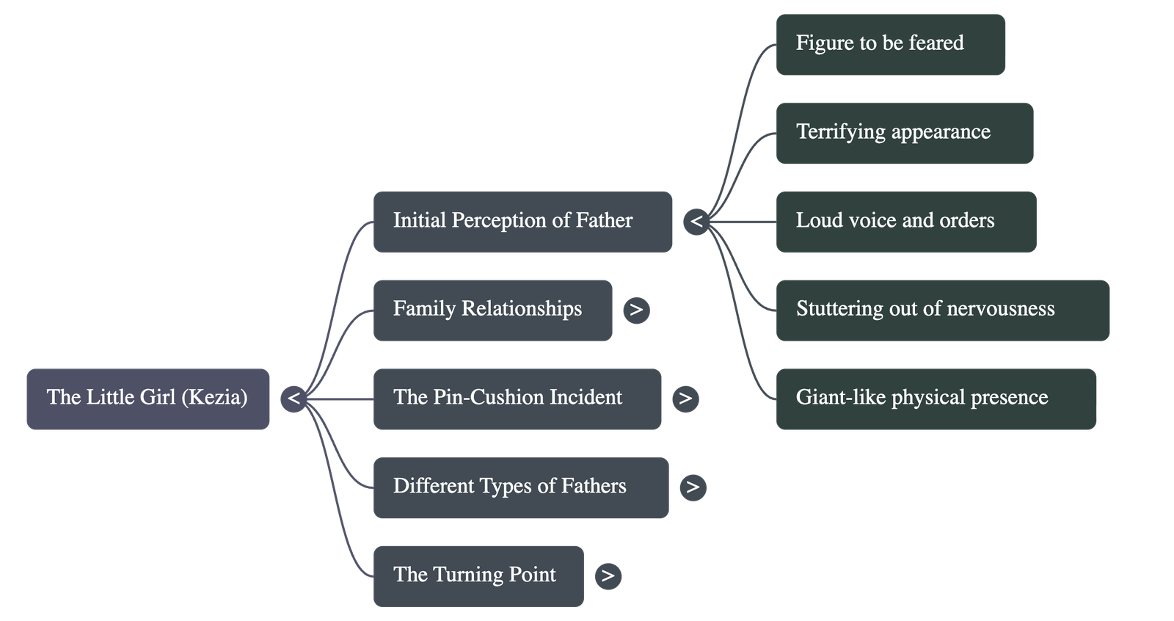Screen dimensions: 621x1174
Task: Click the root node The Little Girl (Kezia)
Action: [x=147, y=399]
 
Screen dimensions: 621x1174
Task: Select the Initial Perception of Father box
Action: [x=522, y=222]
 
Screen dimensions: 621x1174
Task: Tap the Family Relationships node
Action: [x=492, y=310]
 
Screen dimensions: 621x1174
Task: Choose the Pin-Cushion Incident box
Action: [x=517, y=399]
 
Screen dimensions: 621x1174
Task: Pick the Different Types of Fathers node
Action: [x=521, y=487]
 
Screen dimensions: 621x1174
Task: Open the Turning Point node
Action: [x=478, y=575]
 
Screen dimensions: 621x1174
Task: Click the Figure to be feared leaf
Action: [x=890, y=44]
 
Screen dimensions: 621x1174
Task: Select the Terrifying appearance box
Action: [x=904, y=133]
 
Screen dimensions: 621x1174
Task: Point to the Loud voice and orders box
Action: [x=905, y=222]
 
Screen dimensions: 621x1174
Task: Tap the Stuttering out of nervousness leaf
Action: [x=942, y=310]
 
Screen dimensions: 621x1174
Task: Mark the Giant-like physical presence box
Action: [x=936, y=399]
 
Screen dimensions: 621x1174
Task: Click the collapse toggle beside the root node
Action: [x=293, y=399]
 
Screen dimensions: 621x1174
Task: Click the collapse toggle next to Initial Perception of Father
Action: [x=696, y=222]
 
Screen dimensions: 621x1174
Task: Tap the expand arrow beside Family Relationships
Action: [x=636, y=310]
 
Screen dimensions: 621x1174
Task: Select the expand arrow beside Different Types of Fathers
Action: [x=693, y=487]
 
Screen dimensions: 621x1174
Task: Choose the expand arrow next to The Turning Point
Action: [x=608, y=575]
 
